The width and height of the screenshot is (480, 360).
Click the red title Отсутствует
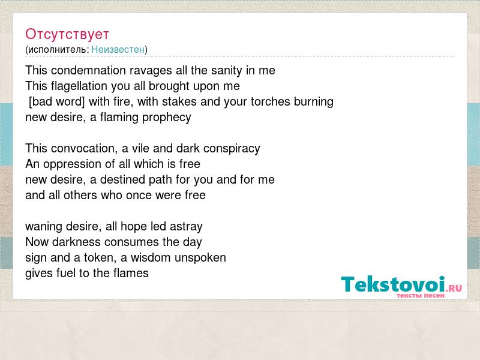67,34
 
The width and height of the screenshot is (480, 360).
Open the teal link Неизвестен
118,49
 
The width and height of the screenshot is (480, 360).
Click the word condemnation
88,70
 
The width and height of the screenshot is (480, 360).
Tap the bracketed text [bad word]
56,101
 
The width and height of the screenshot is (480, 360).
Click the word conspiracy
232,149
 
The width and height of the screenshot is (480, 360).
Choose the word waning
44,227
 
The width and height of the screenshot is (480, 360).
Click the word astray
186,227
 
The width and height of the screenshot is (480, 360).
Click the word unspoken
200,258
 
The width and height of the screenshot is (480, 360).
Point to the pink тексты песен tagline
421,296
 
